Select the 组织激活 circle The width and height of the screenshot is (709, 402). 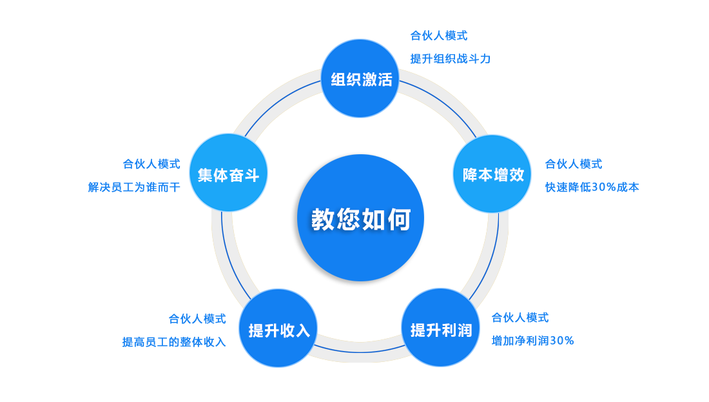(360, 79)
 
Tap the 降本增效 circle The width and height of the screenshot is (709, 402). (492, 174)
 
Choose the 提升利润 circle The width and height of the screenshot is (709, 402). (442, 328)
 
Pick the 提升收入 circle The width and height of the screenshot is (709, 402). (279, 329)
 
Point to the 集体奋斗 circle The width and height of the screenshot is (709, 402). (228, 174)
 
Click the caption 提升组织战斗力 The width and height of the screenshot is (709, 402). (451, 59)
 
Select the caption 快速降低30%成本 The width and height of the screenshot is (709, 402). (592, 187)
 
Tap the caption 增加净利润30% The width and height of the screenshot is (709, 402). (532, 340)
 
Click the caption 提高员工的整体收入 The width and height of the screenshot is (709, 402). (174, 341)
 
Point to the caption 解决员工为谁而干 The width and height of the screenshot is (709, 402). (134, 187)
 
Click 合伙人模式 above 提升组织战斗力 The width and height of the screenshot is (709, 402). (439, 35)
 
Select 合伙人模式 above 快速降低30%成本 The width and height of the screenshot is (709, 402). (574, 164)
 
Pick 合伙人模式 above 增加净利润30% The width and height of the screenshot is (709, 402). (520, 317)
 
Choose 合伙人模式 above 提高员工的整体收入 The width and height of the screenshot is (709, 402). (197, 319)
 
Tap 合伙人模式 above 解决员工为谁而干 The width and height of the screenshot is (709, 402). (151, 164)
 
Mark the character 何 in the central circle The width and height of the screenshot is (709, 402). (400, 219)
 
